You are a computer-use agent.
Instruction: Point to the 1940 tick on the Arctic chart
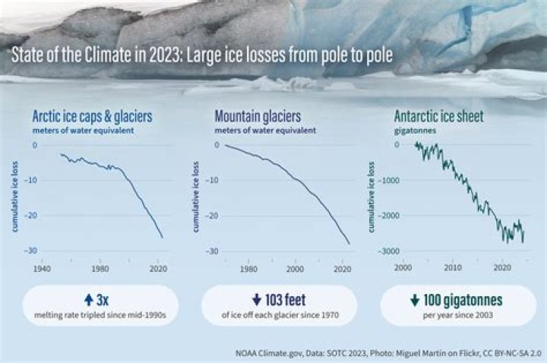[x=43, y=267]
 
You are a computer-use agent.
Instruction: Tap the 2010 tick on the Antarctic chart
[x=453, y=267]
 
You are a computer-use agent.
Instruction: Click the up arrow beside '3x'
[x=90, y=300]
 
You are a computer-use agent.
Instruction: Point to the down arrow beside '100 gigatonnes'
[x=414, y=300]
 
